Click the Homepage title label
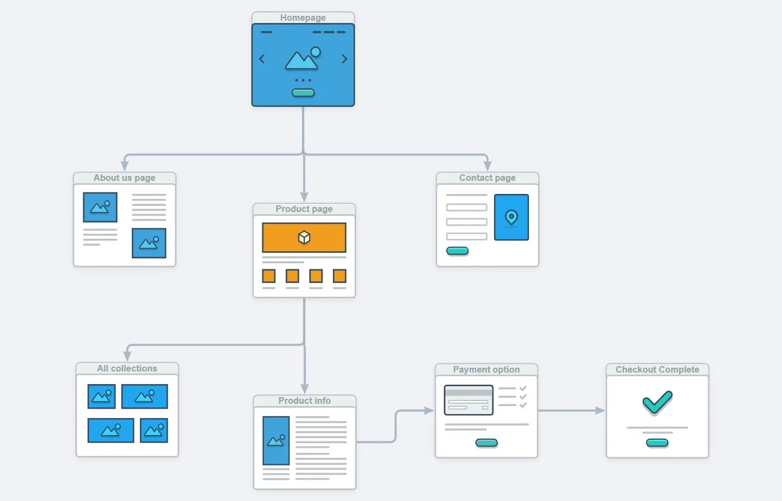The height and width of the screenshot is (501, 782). [x=303, y=17]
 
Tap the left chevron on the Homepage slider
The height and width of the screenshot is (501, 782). [x=262, y=59]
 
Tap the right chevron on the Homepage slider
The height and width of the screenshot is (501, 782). [x=344, y=59]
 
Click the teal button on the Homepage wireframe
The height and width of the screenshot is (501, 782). [x=303, y=93]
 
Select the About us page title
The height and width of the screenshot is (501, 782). [x=124, y=178]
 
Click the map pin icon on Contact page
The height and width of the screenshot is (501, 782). [x=511, y=217]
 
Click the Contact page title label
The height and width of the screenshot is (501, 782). [x=487, y=178]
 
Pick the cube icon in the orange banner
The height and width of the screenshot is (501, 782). [x=304, y=237]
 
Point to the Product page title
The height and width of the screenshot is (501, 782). [x=304, y=209]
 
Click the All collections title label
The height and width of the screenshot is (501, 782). [x=127, y=368]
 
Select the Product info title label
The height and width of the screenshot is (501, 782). [x=304, y=400]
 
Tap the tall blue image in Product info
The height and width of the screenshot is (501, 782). [x=276, y=440]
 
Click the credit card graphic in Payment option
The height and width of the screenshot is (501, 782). [x=469, y=400]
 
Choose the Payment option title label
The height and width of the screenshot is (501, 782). [x=486, y=369]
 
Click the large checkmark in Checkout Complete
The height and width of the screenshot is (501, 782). [x=657, y=403]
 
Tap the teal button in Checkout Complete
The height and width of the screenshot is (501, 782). [x=657, y=443]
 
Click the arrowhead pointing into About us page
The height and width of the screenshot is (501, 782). [x=125, y=165]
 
